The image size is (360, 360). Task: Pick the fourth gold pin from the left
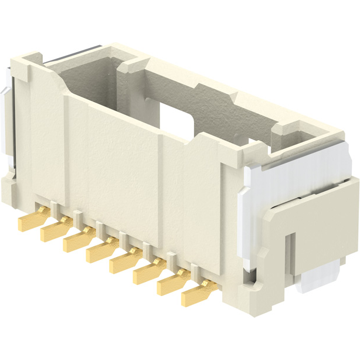click(x=100, y=252)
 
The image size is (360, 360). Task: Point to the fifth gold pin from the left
click(x=123, y=262)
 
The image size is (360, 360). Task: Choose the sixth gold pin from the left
click(x=147, y=273)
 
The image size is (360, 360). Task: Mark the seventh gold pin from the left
click(x=171, y=284)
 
